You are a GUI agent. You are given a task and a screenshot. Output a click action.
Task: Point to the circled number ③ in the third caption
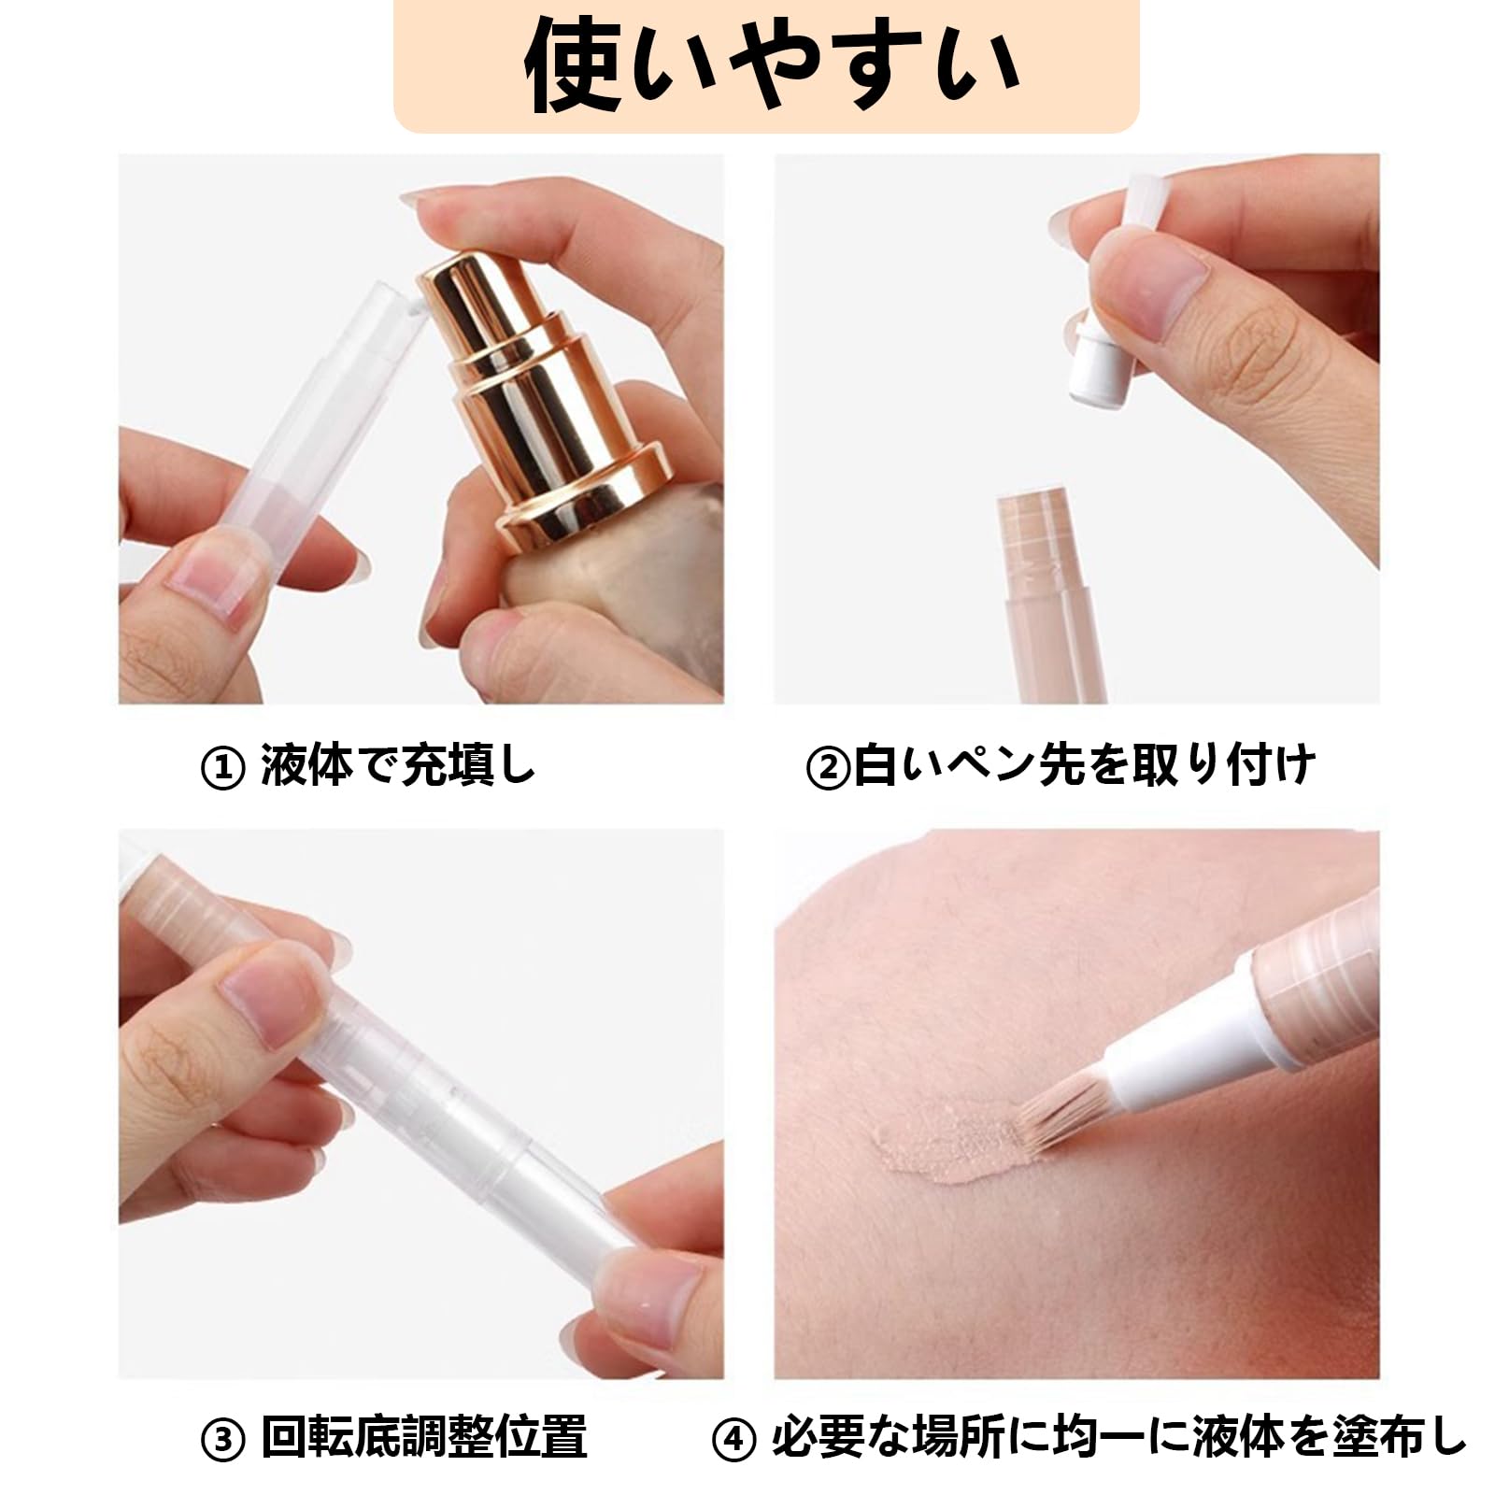[x=222, y=1442]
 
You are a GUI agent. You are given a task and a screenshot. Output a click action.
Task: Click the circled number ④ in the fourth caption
[x=733, y=1442]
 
